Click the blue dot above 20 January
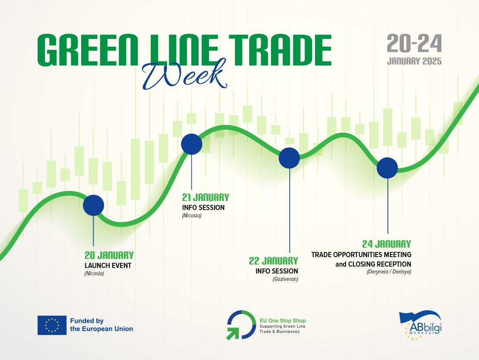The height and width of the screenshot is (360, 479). tap(93, 205)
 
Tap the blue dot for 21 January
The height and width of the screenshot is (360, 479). tap(191, 144)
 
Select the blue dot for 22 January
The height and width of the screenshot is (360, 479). tap(289, 158)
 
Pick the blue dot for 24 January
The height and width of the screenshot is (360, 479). tap(387, 168)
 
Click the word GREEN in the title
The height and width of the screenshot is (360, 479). tap(88, 50)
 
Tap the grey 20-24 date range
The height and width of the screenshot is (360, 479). tap(414, 43)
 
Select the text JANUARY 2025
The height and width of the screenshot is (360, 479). tap(414, 61)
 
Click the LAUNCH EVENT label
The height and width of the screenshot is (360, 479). tap(108, 265)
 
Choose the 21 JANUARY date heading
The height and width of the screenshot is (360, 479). tap(206, 197)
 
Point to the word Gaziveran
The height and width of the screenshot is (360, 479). tap(285, 279)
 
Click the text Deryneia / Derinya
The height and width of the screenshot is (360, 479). tap(389, 272)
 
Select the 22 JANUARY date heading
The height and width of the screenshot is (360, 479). tap(273, 261)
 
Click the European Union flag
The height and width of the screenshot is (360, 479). tap(52, 325)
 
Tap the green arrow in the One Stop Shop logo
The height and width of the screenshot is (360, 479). tap(232, 333)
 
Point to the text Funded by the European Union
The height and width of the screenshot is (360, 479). tap(102, 325)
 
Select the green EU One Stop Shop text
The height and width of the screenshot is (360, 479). tap(282, 321)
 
